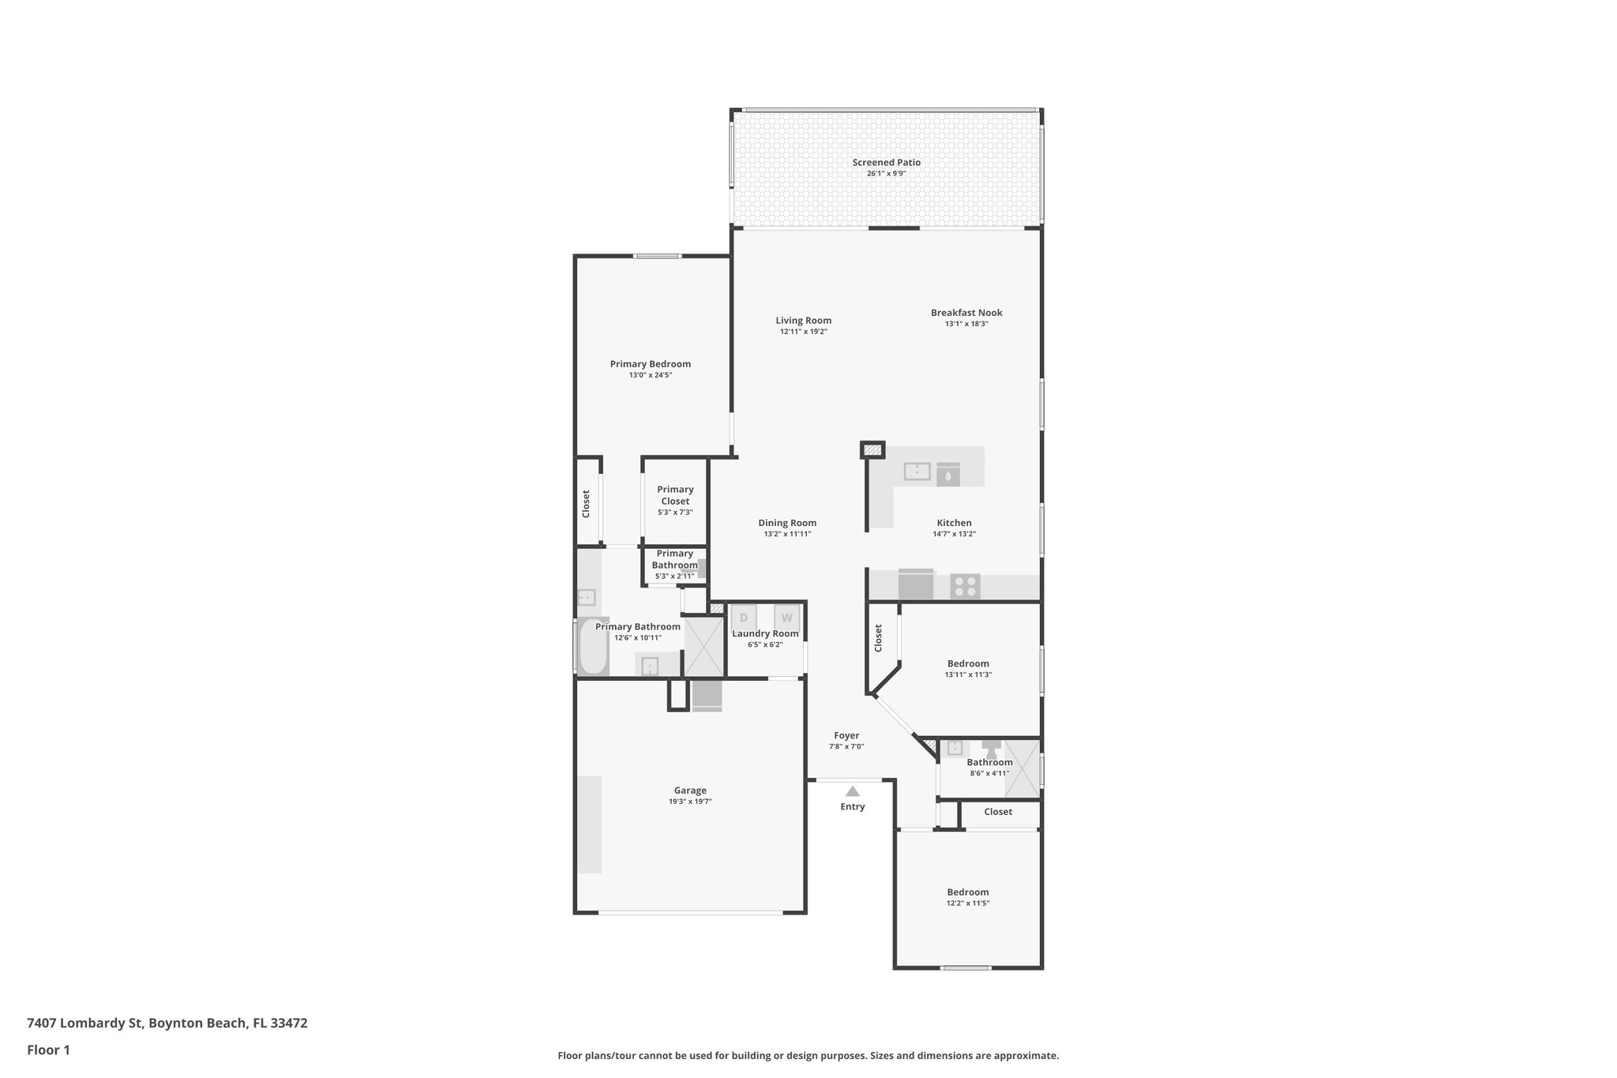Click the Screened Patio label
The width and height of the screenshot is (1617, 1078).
886,163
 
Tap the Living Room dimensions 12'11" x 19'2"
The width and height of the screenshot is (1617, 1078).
803,332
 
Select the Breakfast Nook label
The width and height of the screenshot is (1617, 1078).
966,313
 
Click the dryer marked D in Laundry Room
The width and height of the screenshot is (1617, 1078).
743,618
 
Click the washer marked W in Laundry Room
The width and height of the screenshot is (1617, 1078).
786,618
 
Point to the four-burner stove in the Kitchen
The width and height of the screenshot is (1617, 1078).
965,587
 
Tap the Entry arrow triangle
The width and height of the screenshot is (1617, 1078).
853,791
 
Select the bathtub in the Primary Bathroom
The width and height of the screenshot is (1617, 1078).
593,647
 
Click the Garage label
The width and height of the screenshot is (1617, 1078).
690,791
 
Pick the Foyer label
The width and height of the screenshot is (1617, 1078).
846,735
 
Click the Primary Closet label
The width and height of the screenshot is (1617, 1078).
675,495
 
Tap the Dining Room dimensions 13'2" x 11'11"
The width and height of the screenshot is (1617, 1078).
787,534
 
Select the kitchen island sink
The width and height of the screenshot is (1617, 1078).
917,471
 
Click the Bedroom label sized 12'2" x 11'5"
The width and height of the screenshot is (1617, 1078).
968,892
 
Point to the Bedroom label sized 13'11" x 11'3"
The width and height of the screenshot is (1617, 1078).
968,663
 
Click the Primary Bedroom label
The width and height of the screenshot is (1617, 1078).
650,364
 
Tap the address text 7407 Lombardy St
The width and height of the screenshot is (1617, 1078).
85,1024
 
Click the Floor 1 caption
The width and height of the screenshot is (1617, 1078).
48,1050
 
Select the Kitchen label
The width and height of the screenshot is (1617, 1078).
954,523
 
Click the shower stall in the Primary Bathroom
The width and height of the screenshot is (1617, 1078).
703,647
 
